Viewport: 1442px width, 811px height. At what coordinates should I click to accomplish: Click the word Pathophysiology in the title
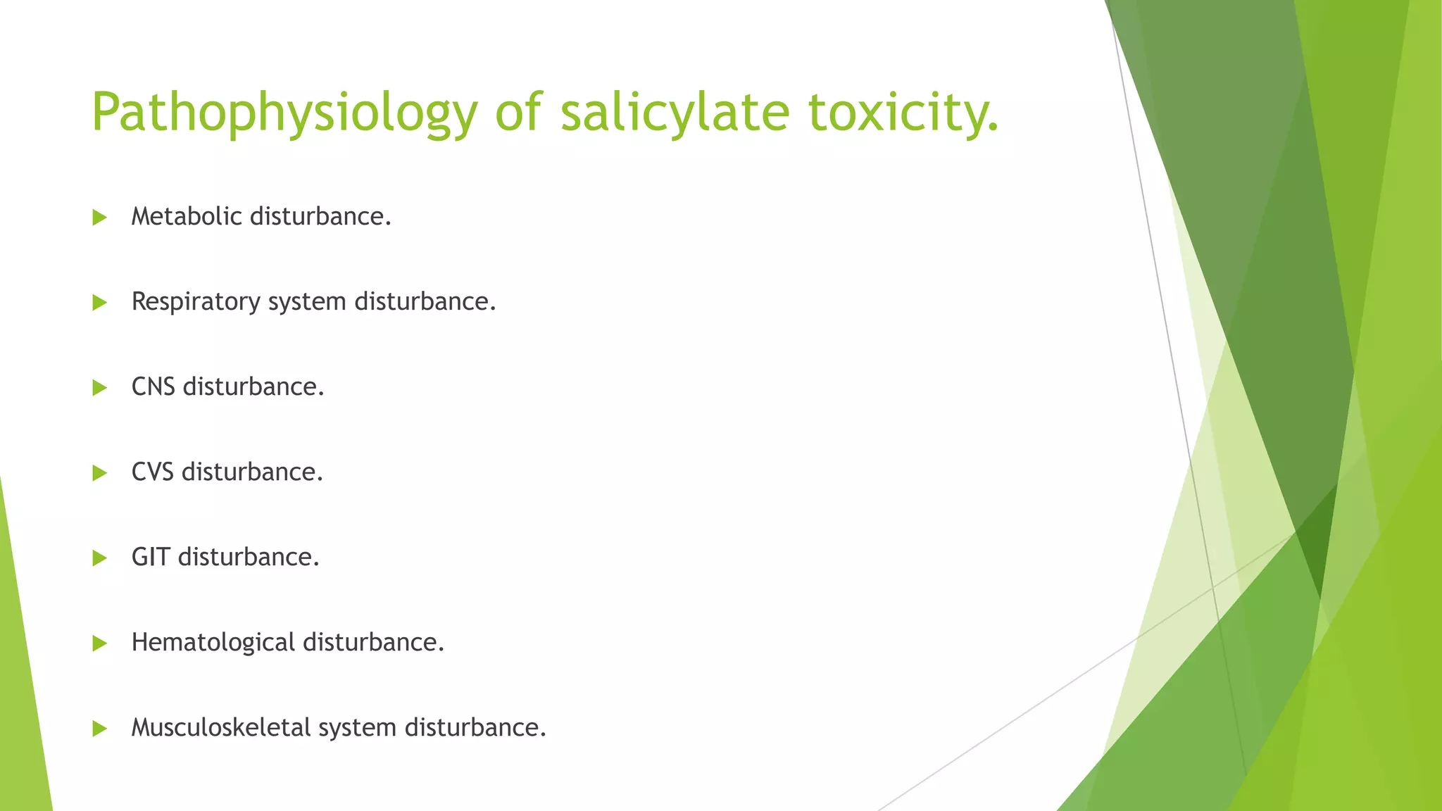pos(284,113)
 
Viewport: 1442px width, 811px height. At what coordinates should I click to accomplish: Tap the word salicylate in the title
pos(675,113)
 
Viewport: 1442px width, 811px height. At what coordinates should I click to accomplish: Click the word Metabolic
pos(187,216)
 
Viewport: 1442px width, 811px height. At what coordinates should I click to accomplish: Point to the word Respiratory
pos(196,302)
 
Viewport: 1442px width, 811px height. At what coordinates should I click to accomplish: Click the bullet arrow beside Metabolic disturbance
pos(99,218)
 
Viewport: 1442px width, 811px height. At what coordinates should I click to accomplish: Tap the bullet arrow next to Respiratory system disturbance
pos(99,303)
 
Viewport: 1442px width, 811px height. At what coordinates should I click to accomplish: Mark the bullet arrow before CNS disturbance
pos(99,388)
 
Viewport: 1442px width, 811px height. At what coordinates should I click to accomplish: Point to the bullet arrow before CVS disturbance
pos(99,473)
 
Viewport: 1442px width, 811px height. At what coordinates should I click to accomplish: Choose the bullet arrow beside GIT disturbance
pos(99,558)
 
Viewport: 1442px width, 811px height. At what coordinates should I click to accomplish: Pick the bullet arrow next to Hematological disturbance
pos(99,643)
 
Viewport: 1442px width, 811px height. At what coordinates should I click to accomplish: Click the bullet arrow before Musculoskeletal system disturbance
pos(99,729)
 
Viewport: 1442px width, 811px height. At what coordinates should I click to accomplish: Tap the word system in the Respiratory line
pos(307,302)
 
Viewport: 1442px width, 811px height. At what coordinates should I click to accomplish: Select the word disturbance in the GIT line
pos(249,557)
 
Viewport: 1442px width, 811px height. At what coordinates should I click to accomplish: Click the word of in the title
pos(518,113)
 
